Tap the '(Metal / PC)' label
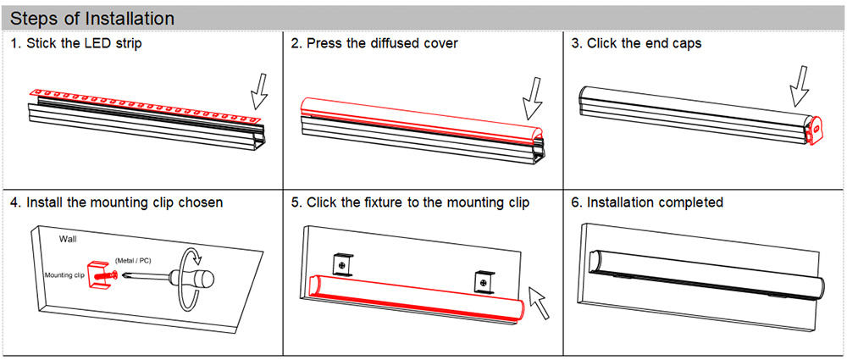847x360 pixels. click(x=135, y=258)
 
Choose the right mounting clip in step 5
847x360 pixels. click(x=482, y=280)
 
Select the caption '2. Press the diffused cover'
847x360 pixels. click(x=374, y=43)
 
